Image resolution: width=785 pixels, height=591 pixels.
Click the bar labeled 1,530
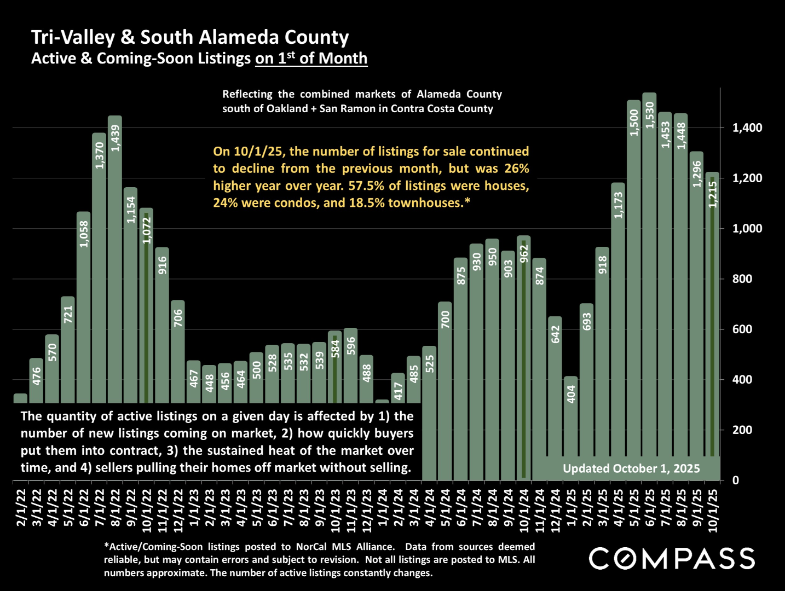click(x=649, y=285)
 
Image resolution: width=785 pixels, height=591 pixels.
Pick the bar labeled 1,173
click(x=618, y=328)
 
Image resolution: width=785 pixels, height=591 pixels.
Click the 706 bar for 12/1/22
click(x=178, y=350)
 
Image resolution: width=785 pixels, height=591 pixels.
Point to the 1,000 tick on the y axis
click(x=747, y=229)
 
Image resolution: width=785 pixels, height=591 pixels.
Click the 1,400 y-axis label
click(x=747, y=128)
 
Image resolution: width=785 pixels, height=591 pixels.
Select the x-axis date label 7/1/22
click(x=100, y=507)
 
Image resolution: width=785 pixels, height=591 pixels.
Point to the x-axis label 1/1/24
click(x=382, y=507)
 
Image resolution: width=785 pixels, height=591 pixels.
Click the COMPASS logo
click(x=672, y=559)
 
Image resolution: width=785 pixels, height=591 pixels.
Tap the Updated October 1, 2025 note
click(x=631, y=468)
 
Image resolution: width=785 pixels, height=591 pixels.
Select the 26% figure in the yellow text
click(x=516, y=169)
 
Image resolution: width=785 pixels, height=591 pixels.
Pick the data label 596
click(x=351, y=346)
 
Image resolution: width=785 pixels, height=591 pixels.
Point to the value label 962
click(x=524, y=254)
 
